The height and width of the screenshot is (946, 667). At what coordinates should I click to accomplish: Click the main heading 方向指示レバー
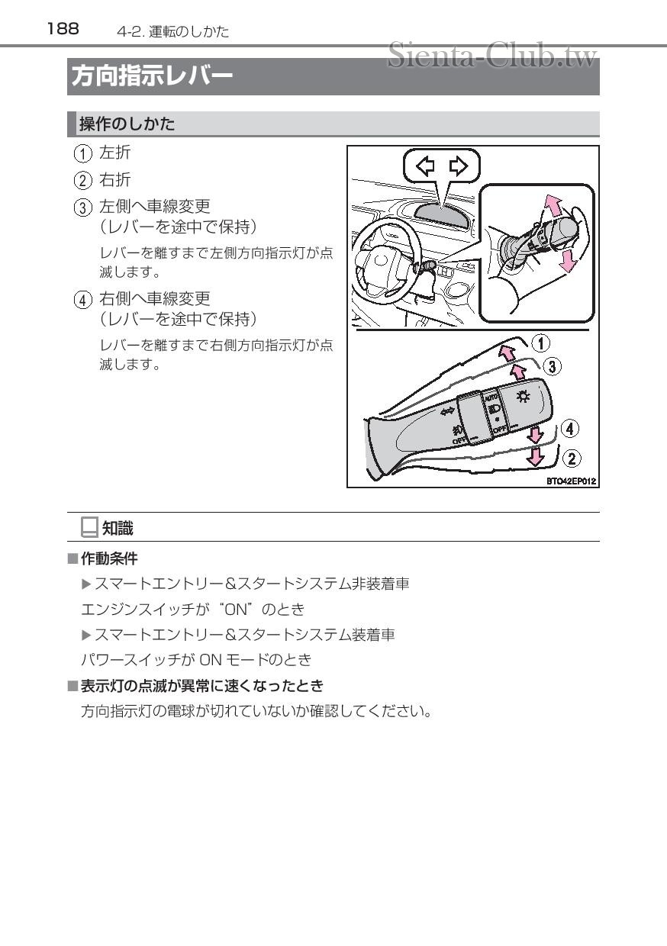tap(152, 76)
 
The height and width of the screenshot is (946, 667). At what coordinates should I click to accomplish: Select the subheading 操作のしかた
tap(127, 124)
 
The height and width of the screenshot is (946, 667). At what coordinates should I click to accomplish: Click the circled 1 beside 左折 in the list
tap(82, 153)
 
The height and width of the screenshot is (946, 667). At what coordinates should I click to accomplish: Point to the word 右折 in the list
tap(115, 180)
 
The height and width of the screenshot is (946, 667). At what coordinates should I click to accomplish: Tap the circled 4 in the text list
tap(82, 299)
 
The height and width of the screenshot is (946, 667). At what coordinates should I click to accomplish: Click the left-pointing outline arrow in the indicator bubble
tap(424, 166)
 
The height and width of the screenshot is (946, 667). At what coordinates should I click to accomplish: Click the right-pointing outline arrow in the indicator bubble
tap(458, 166)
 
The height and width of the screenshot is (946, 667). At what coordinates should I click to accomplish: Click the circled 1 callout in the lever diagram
tap(540, 343)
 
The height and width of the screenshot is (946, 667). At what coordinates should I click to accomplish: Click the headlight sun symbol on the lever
tap(523, 396)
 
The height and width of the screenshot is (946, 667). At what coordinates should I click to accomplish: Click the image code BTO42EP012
tap(571, 481)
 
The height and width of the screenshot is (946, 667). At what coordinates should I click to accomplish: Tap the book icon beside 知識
tap(89, 527)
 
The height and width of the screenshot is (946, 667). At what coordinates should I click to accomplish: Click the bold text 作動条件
tap(109, 559)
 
